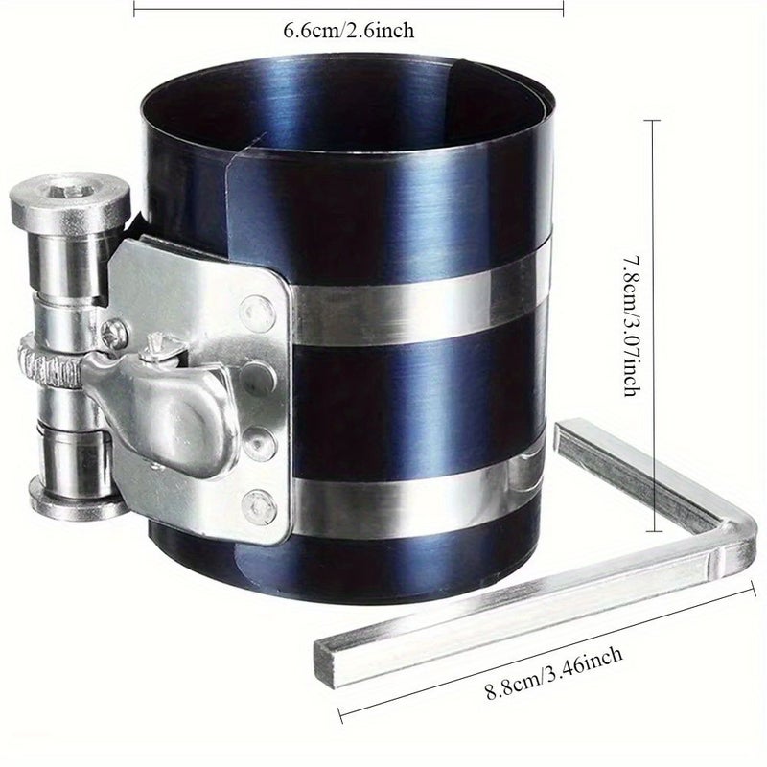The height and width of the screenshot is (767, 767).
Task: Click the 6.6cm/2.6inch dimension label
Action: pos(349,31)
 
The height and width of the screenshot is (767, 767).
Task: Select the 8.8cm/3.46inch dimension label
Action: pos(554,673)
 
